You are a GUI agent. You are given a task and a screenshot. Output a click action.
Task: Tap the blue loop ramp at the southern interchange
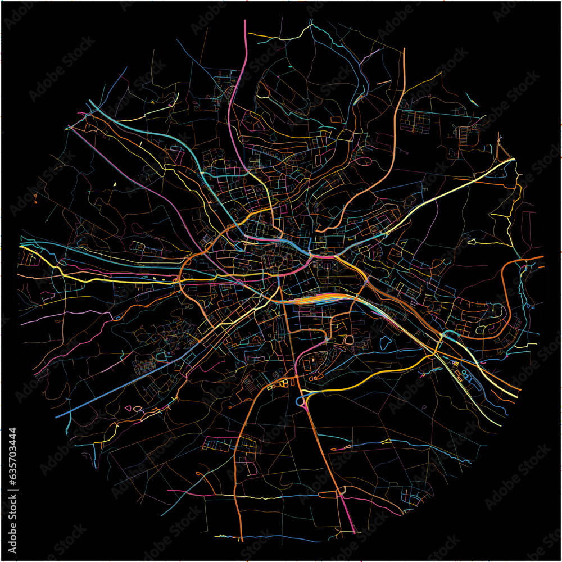(x=300, y=401)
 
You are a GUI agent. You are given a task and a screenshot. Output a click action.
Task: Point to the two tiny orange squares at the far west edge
(x=35, y=197)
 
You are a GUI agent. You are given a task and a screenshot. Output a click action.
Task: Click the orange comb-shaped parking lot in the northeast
(x=469, y=135)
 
